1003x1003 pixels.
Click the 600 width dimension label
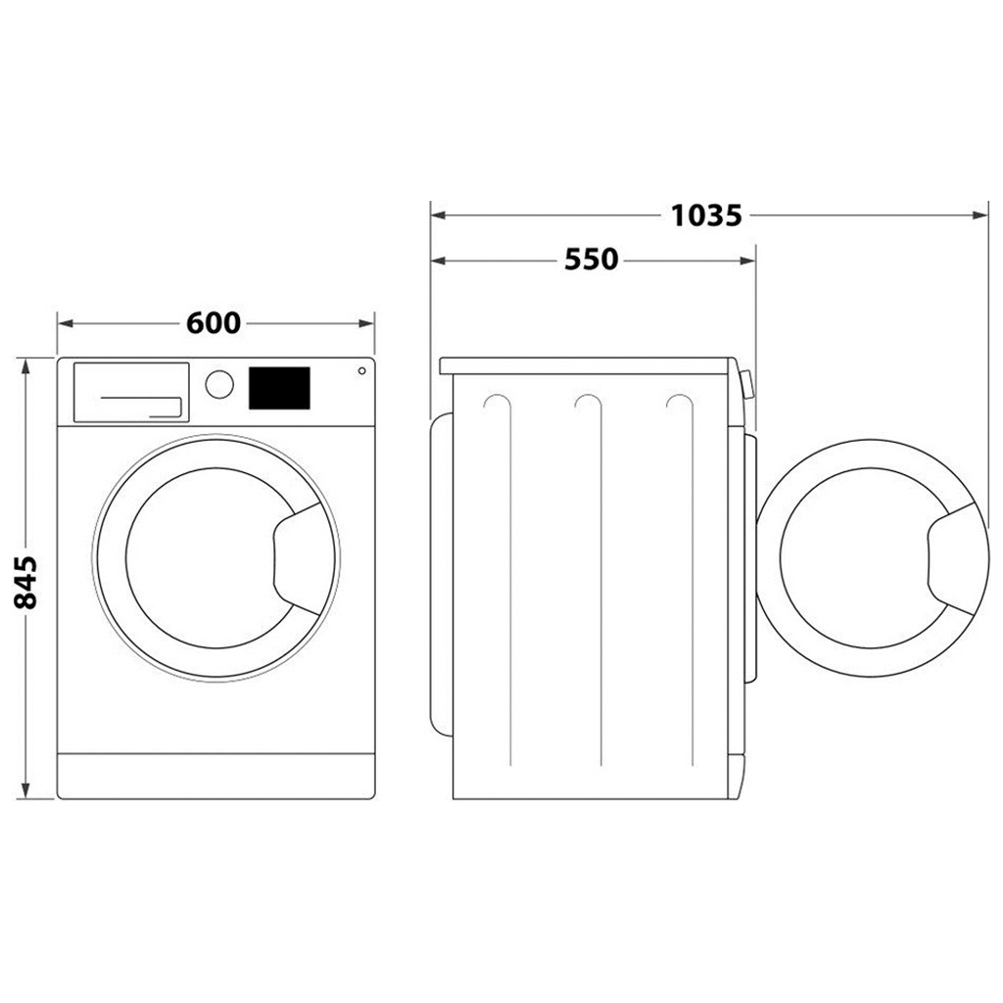tap(213, 322)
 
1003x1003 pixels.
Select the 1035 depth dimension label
tap(706, 215)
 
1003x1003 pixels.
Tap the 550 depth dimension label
tap(592, 260)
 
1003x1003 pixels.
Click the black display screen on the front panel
tap(279, 388)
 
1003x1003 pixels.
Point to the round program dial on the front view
tap(220, 384)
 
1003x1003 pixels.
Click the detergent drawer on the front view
tap(131, 392)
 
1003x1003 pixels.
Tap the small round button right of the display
tap(361, 371)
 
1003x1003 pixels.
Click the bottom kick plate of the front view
tap(216, 776)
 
